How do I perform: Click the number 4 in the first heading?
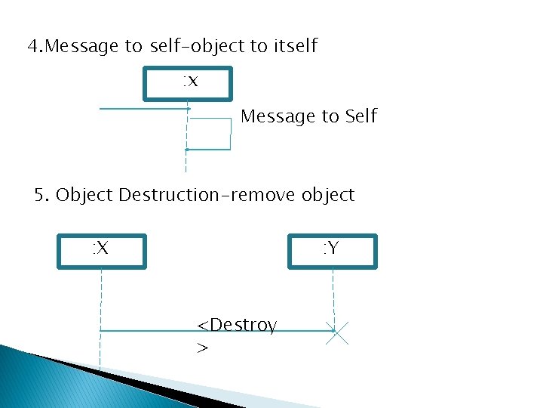pyautogui.click(x=32, y=47)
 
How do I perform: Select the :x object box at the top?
pyautogui.click(x=189, y=83)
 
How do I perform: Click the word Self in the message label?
pyautogui.click(x=360, y=116)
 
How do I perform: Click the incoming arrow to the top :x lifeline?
pyautogui.click(x=143, y=110)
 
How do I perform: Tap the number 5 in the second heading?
pyautogui.click(x=41, y=195)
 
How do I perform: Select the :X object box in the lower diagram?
pyautogui.click(x=102, y=251)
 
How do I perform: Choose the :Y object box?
pyautogui.click(x=333, y=251)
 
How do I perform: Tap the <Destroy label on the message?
pyautogui.click(x=236, y=325)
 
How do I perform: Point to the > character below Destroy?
pyautogui.click(x=202, y=348)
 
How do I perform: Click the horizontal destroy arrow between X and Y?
pyautogui.click(x=151, y=331)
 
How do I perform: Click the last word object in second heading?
pyautogui.click(x=327, y=195)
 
